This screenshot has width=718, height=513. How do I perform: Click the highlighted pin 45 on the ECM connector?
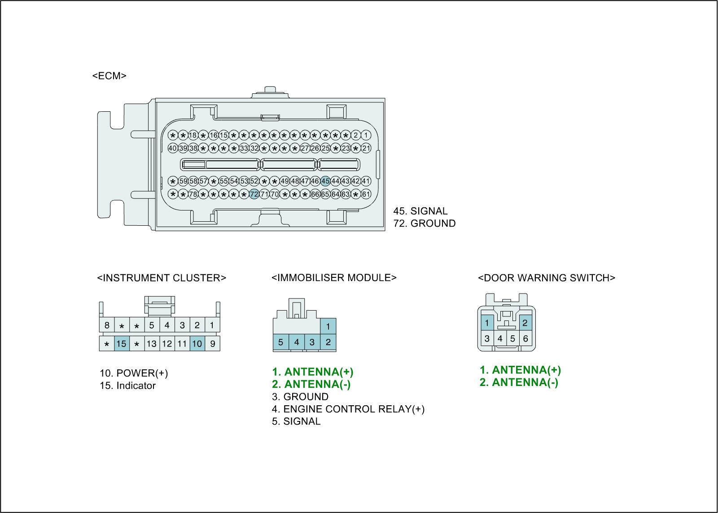coord(325,181)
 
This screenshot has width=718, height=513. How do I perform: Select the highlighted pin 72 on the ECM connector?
coord(254,194)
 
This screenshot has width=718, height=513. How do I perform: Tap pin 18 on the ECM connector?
coord(193,135)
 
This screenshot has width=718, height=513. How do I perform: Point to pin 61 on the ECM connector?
coord(366,194)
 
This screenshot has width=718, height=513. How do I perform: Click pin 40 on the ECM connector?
coord(172,148)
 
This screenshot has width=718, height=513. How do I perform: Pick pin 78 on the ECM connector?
coord(193,194)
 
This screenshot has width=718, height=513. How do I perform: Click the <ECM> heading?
coord(109,75)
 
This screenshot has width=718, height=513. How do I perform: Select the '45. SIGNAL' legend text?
coord(420,211)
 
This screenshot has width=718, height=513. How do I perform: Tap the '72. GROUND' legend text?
coord(425,223)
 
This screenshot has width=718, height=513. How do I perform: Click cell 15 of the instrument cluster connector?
coord(122,344)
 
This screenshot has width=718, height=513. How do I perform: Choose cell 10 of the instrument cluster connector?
coord(197,344)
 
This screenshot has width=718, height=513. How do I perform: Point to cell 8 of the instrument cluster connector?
coord(107,325)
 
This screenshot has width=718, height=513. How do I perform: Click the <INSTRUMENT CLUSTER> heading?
coord(162,278)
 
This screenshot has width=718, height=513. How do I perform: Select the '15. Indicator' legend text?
coord(127,386)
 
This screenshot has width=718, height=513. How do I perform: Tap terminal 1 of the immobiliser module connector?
coord(328,326)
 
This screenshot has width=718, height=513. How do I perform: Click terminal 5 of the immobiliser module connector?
coord(280,342)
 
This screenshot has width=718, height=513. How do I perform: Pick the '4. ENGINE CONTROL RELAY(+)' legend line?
coord(348,409)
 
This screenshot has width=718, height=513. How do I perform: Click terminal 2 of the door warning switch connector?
coord(525,323)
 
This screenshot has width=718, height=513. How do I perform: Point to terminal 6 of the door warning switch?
coord(525,339)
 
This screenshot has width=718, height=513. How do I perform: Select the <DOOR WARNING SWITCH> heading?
coord(546,278)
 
